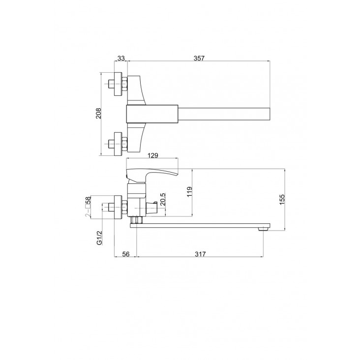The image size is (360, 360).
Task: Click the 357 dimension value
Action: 199,58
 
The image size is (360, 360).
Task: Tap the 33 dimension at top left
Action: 121,58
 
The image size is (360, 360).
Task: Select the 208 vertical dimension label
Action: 98,113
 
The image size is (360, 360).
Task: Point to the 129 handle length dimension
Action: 153,155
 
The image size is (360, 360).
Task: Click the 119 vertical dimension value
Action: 189,192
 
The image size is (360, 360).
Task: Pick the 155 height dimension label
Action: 282,199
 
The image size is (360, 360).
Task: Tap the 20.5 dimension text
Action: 163,199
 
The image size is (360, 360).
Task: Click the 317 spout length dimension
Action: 200,254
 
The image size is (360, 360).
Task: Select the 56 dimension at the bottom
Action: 126,254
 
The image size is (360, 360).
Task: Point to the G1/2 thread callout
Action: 99,238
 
